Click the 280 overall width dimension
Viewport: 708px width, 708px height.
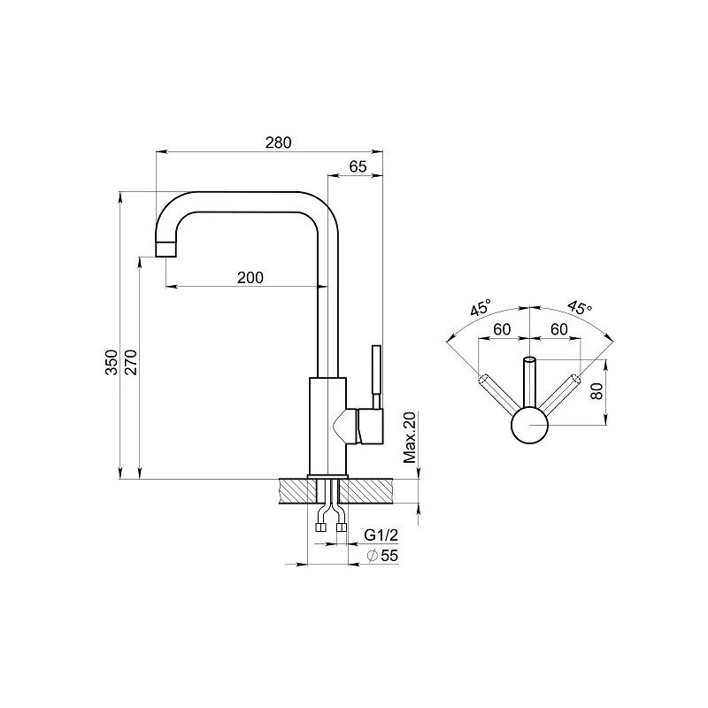click(278, 142)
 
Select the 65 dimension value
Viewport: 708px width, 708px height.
click(358, 166)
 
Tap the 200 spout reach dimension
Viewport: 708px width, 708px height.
click(250, 277)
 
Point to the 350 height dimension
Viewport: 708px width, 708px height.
click(112, 362)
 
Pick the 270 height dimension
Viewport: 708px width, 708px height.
click(131, 362)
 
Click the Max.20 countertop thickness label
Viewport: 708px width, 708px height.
click(410, 437)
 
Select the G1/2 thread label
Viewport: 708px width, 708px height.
click(381, 535)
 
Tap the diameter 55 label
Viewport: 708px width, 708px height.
click(383, 556)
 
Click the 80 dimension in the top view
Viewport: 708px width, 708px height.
click(596, 391)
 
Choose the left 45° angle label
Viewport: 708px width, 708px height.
click(481, 308)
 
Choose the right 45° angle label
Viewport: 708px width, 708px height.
click(580, 308)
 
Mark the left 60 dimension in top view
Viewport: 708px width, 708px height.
click(502, 329)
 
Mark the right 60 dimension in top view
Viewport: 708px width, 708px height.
click(559, 329)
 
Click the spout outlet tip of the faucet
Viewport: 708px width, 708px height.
click(165, 250)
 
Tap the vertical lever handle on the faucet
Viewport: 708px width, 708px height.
click(376, 377)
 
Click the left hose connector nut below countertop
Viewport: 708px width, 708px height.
click(321, 527)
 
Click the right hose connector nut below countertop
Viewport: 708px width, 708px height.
click(342, 527)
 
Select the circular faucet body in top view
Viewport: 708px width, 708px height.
click(529, 425)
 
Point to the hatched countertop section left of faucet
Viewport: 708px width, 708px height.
click(298, 491)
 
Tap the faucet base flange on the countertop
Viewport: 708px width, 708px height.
click(327, 477)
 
